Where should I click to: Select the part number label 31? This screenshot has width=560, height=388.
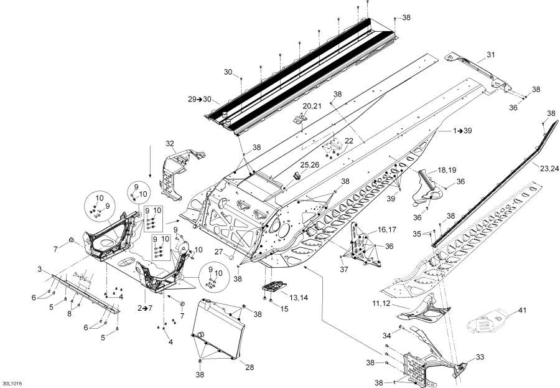[490, 55]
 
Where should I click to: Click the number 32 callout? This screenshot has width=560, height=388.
[170, 144]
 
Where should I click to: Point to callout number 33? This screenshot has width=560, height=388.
[479, 357]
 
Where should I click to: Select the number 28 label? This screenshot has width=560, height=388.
[250, 367]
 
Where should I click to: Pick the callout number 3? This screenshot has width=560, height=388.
[39, 269]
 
